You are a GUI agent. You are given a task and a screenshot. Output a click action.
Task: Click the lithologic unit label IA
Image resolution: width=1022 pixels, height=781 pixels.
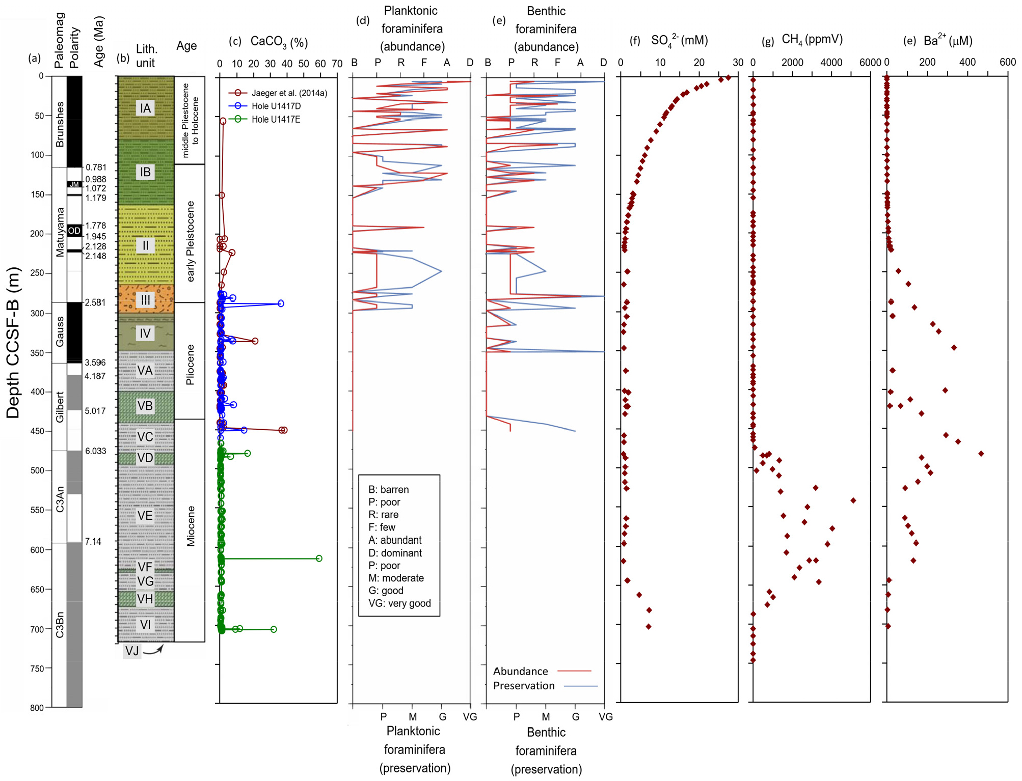click(x=146, y=108)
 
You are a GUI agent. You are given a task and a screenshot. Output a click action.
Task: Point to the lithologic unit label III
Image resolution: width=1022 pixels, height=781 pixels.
click(x=146, y=300)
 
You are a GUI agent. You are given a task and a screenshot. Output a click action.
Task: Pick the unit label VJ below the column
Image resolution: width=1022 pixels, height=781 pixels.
click(x=132, y=651)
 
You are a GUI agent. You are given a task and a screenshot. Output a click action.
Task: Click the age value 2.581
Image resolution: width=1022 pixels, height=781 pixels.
click(x=95, y=302)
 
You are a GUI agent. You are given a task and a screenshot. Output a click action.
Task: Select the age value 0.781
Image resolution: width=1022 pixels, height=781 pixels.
click(x=96, y=167)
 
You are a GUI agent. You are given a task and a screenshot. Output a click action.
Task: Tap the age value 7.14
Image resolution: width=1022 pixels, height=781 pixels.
click(x=93, y=541)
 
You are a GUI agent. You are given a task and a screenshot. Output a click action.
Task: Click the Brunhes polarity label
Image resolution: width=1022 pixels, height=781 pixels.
click(x=60, y=124)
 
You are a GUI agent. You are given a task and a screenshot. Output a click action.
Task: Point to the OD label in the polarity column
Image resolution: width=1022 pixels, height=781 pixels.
click(x=74, y=231)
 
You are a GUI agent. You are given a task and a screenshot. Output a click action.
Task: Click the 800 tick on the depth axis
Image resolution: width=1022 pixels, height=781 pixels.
click(x=37, y=708)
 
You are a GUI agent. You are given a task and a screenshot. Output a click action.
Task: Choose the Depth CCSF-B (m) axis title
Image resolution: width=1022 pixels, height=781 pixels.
click(x=13, y=342)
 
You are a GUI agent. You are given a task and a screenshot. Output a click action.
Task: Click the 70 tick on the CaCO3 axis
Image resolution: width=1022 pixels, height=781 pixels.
click(x=337, y=64)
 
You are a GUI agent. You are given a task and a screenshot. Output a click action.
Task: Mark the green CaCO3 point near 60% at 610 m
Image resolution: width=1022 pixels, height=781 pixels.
click(x=319, y=559)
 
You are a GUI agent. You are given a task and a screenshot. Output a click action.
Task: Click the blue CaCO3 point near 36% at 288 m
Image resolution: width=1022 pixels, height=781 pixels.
click(x=281, y=303)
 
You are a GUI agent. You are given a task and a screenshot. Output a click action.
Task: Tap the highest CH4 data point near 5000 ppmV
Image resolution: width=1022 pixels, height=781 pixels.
click(x=853, y=500)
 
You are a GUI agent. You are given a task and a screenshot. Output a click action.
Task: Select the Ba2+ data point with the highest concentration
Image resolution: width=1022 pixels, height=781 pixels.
click(x=981, y=453)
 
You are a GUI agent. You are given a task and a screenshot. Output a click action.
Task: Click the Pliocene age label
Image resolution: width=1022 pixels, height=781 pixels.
click(x=191, y=365)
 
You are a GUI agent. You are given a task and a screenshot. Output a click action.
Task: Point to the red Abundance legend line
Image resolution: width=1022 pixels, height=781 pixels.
click(x=575, y=671)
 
